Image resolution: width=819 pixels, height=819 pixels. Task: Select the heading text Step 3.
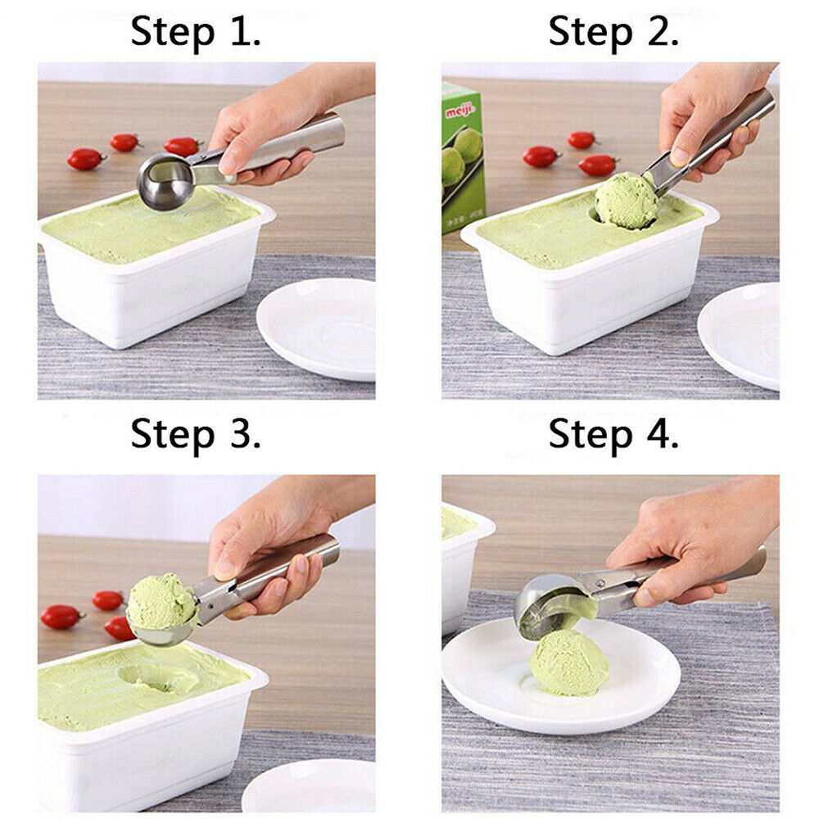[196, 433]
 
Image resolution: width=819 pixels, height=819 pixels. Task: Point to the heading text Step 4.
[613, 433]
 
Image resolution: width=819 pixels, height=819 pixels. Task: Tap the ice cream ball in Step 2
[626, 200]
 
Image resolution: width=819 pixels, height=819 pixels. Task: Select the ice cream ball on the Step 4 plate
[568, 662]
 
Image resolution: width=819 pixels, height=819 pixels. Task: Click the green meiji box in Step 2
[463, 160]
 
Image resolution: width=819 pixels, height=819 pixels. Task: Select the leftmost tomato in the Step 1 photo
[84, 158]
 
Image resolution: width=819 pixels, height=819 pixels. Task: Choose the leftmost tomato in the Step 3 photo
[61, 616]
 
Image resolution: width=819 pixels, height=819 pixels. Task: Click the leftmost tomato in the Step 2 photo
[541, 156]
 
